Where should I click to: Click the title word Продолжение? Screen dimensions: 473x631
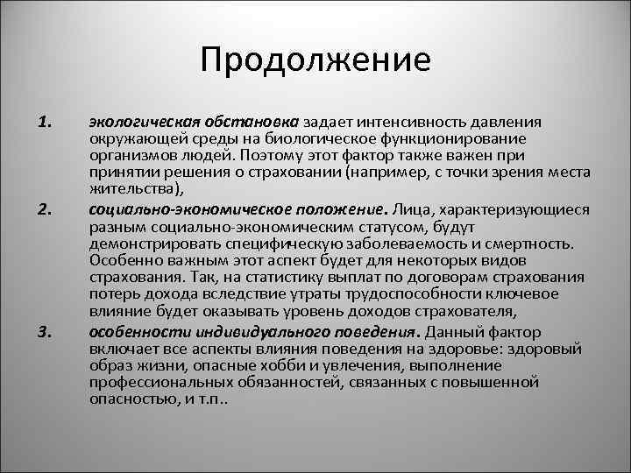315,60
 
